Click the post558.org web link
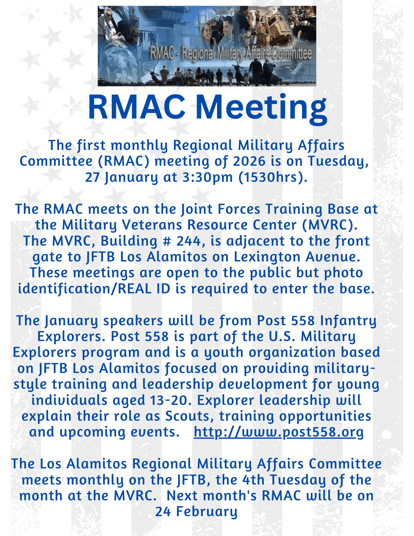point(279,432)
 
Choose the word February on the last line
point(207,512)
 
